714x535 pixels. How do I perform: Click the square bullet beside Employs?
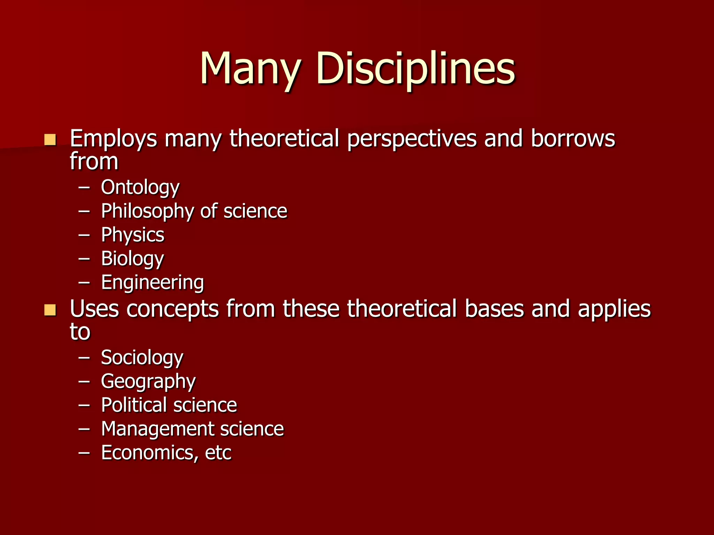tap(50, 140)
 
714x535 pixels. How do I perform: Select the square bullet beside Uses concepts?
tap(50, 310)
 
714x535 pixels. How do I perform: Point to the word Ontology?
tap(140, 188)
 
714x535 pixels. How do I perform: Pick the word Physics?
tap(132, 235)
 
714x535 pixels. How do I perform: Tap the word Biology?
tap(132, 259)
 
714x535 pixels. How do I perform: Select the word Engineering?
tap(152, 282)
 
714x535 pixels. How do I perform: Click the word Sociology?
tap(142, 358)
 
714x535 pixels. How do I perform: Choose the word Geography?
tap(148, 381)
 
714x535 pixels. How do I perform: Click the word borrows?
tap(573, 139)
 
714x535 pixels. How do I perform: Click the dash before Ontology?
tap(84, 188)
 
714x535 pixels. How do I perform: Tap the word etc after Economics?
tap(218, 452)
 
